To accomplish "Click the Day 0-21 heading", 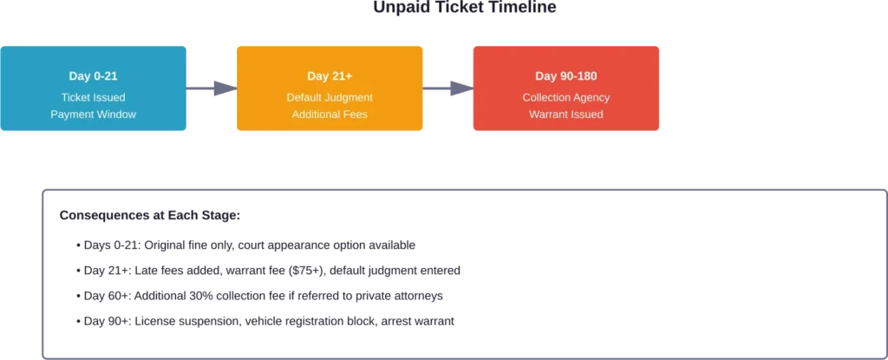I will [x=93, y=76].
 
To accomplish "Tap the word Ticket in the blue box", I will [x=77, y=97].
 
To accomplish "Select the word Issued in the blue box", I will [x=110, y=97].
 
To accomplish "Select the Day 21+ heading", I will [x=329, y=76].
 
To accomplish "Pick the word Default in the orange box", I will [x=305, y=97].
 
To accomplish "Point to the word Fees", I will [x=356, y=115].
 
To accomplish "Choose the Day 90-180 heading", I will [x=566, y=76].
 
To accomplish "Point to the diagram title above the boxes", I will [x=464, y=7].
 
